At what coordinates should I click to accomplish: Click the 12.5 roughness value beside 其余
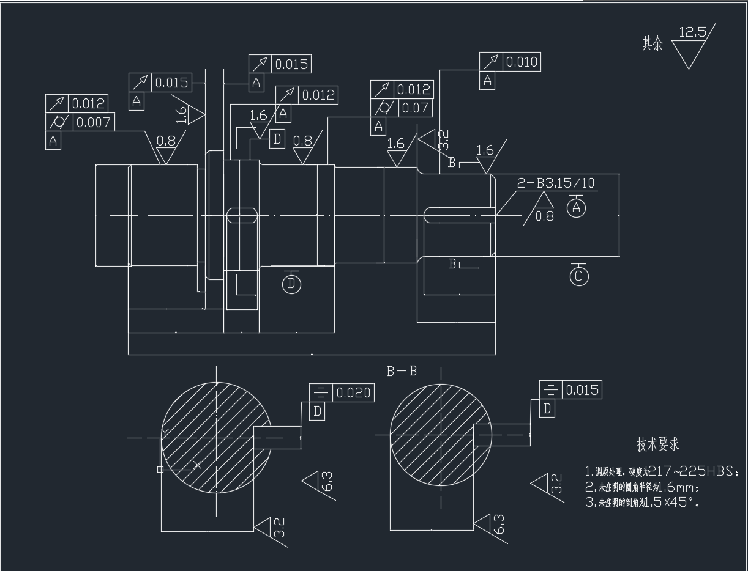point(692,32)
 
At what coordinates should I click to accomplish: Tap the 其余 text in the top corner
point(653,44)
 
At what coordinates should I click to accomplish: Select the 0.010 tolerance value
point(522,62)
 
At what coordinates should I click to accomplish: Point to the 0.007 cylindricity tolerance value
point(93,122)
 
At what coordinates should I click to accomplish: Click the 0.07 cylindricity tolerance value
point(415,109)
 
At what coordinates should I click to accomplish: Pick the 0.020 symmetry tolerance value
point(353,393)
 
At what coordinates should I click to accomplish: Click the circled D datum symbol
point(292,284)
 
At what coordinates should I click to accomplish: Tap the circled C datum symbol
point(579,277)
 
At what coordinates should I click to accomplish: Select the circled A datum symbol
point(575,208)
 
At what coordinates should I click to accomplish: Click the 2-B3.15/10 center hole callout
point(556,183)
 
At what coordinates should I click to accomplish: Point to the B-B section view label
point(402,371)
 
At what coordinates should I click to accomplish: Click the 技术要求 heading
point(658,444)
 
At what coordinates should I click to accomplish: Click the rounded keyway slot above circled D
point(242,215)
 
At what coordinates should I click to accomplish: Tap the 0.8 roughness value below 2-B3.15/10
point(545,216)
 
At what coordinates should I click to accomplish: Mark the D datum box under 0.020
point(318,411)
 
